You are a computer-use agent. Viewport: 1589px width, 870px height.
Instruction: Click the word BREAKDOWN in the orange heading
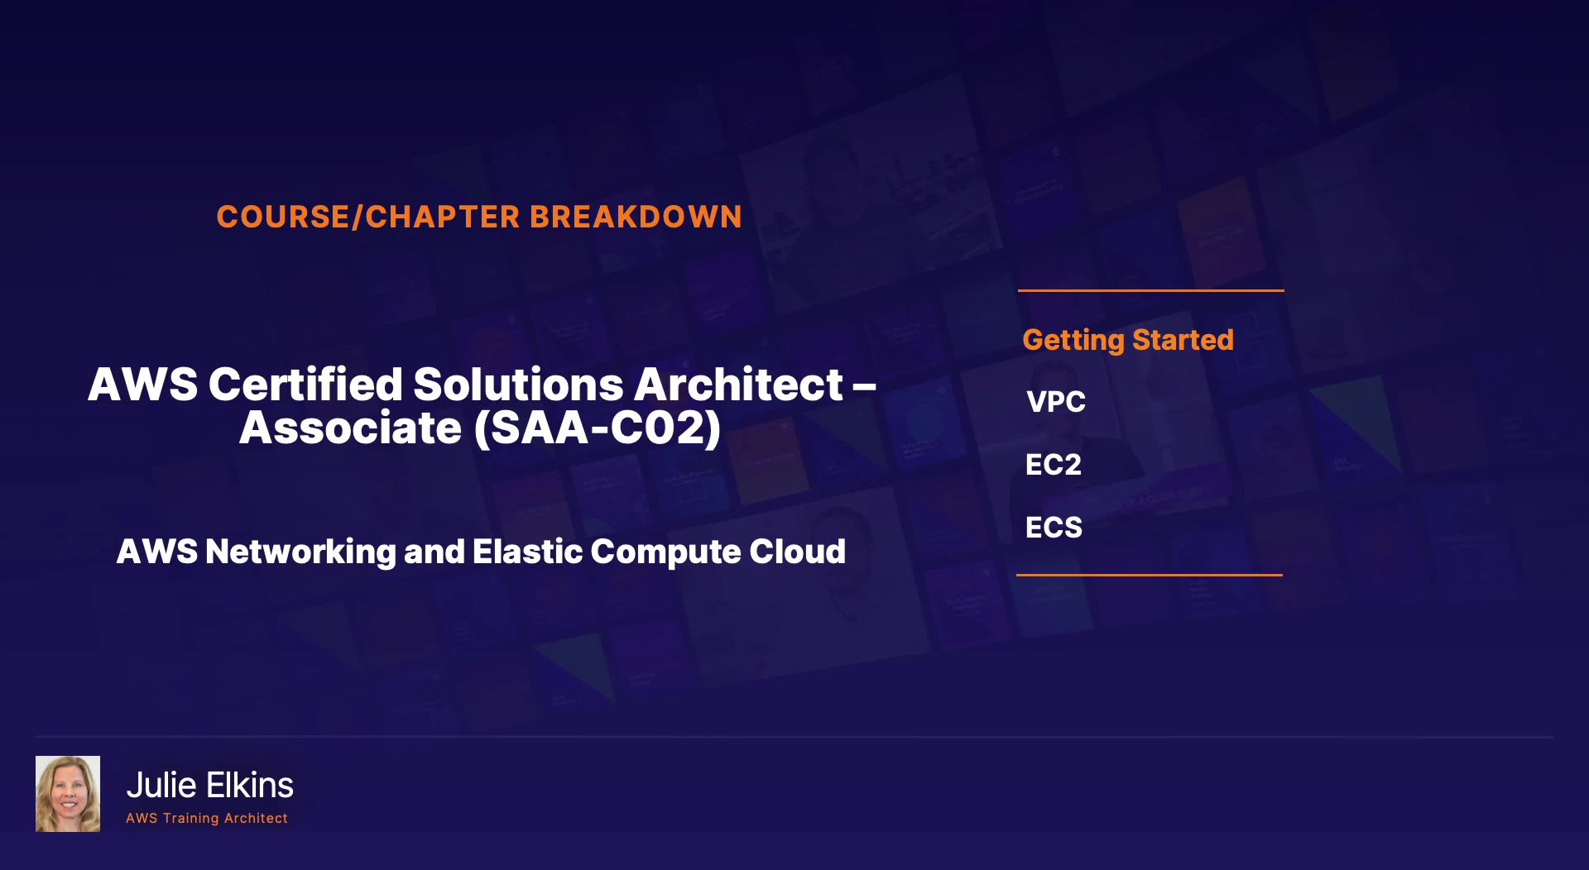tap(636, 217)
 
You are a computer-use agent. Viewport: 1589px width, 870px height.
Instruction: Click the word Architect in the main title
tap(739, 385)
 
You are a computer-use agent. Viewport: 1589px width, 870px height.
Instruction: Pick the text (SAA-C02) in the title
tap(598, 428)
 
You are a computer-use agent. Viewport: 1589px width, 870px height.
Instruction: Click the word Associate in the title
tap(350, 428)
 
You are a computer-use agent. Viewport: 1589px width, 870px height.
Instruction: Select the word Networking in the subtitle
tap(300, 552)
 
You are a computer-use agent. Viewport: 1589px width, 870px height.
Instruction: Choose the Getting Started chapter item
tap(1128, 340)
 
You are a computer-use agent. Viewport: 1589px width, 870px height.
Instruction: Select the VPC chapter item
tap(1056, 402)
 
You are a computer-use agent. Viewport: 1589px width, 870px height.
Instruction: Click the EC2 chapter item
tap(1054, 465)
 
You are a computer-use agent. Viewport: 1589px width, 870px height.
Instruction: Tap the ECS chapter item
tap(1054, 528)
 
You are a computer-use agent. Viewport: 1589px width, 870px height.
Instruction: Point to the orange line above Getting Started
tap(1151, 290)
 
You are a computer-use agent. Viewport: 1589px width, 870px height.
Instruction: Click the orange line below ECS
tap(1150, 575)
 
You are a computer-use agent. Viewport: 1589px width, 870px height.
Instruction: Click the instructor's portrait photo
tap(68, 794)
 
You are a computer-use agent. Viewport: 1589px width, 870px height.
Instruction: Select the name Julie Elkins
tap(209, 786)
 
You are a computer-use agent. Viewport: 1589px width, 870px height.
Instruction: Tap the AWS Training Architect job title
tap(207, 818)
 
